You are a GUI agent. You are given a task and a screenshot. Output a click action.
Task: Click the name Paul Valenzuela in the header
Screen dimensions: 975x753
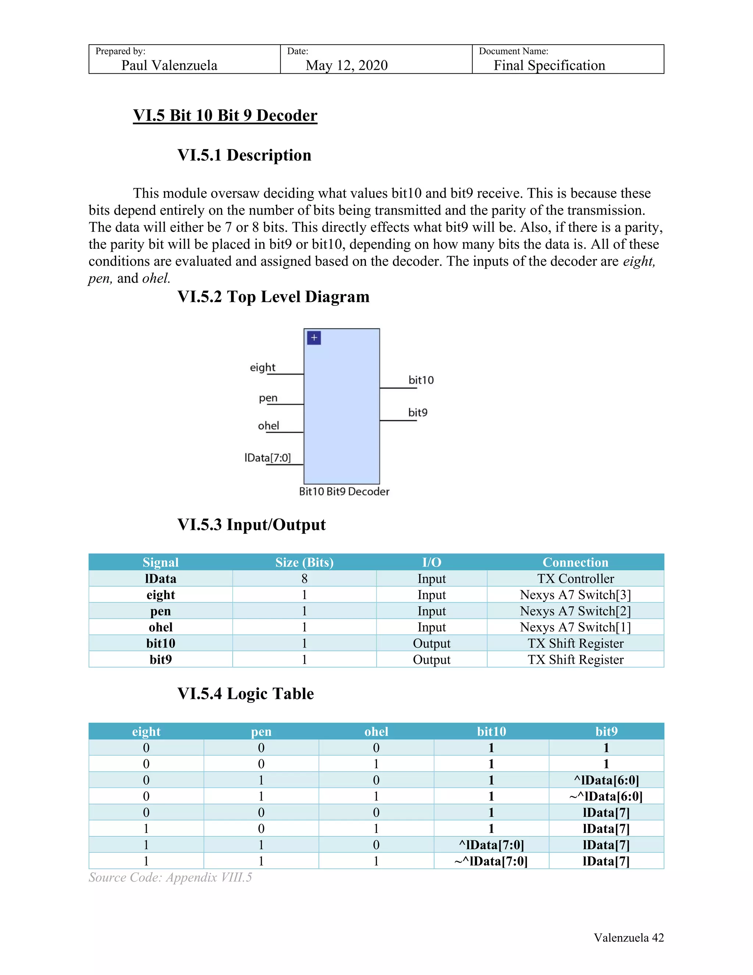point(169,65)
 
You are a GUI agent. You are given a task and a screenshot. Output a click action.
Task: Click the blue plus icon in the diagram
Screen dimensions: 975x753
point(314,338)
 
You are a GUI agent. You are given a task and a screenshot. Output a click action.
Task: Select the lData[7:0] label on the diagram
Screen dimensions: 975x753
point(267,458)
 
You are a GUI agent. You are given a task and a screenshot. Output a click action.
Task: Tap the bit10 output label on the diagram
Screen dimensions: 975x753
point(421,380)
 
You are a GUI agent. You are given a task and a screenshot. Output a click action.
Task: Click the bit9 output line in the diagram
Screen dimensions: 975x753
point(398,421)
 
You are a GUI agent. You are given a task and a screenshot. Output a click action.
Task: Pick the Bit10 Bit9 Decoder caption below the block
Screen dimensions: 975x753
point(344,492)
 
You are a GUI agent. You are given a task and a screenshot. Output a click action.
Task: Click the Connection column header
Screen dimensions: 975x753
point(575,562)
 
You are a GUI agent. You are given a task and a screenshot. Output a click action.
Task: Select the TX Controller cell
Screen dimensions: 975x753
point(575,579)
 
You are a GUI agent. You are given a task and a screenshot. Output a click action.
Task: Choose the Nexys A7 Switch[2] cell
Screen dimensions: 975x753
point(575,611)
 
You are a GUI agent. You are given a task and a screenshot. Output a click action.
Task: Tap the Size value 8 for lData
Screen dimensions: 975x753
point(304,579)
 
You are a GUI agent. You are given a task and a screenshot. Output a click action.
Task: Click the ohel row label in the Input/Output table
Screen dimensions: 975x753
point(161,627)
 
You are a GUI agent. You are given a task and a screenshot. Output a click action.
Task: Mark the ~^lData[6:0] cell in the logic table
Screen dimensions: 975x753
point(606,797)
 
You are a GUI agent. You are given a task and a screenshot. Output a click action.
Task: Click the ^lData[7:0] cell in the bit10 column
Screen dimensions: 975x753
point(491,845)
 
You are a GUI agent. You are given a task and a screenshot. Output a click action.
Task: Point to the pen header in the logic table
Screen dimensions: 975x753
point(261,732)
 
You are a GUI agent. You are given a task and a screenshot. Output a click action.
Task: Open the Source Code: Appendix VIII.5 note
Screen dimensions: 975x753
point(170,877)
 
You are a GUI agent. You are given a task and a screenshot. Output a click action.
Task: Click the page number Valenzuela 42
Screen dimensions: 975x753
point(628,937)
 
